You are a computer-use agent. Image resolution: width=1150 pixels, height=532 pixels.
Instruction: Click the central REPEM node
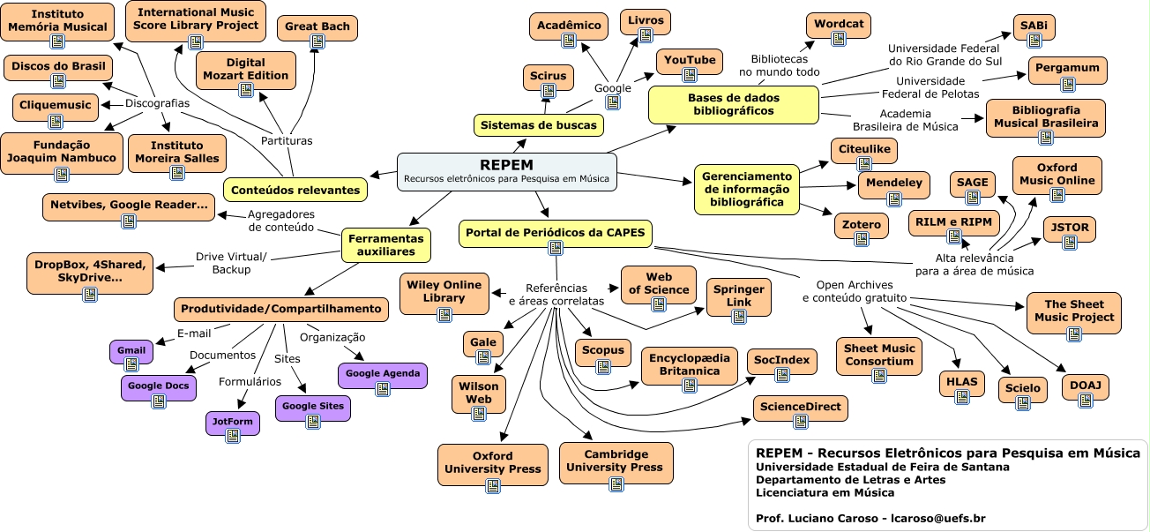click(506, 171)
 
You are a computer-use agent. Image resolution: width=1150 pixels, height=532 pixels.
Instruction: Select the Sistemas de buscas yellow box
click(537, 125)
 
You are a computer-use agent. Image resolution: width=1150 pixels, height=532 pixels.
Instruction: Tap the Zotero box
click(862, 225)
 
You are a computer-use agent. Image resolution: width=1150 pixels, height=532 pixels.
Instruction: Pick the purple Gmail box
click(131, 351)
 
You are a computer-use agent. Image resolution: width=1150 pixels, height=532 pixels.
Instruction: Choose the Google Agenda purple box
click(382, 374)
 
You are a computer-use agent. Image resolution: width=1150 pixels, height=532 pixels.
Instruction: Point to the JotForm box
click(233, 422)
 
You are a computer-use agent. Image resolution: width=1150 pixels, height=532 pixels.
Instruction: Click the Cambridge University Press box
click(614, 461)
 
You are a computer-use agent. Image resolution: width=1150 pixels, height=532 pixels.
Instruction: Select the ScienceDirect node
click(801, 408)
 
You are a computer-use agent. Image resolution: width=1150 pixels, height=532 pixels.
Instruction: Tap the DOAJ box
click(1085, 386)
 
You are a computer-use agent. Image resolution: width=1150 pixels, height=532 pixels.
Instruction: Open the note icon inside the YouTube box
click(690, 77)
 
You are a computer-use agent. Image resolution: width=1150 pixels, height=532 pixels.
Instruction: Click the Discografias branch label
click(157, 103)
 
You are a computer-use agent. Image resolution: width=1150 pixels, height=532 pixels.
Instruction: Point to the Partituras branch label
click(287, 140)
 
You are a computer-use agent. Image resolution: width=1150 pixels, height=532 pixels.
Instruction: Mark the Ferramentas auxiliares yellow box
click(386, 244)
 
